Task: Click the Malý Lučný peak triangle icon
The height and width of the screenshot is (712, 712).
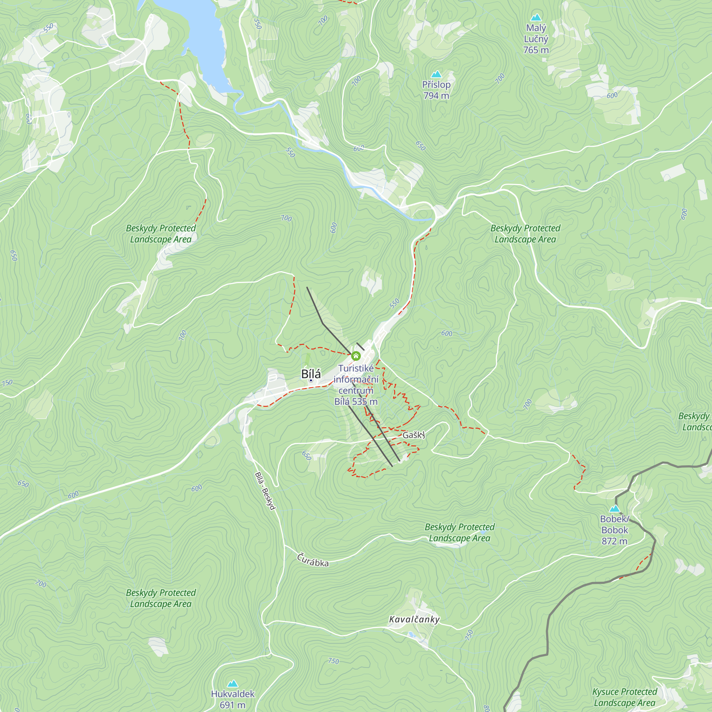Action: tap(536, 17)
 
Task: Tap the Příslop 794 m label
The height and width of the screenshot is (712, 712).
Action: tap(436, 90)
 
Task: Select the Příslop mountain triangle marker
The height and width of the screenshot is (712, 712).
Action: tap(436, 74)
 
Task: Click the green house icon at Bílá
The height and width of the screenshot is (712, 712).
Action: tap(356, 356)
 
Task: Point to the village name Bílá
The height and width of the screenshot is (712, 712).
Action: tap(311, 374)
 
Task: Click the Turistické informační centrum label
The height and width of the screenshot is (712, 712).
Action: tap(356, 385)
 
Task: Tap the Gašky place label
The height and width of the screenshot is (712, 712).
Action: tap(413, 435)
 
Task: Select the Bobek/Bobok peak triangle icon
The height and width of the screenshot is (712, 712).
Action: tap(614, 509)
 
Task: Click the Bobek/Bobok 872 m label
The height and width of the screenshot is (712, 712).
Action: tap(614, 530)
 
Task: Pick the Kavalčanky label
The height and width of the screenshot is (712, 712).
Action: tap(414, 619)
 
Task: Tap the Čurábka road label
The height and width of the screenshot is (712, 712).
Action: tap(313, 560)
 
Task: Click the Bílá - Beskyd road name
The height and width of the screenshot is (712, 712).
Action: tap(265, 491)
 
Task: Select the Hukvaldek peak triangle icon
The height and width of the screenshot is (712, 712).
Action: tap(232, 684)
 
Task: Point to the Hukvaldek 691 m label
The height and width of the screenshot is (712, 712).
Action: tap(232, 699)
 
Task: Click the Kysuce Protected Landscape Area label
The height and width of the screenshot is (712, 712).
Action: tap(625, 697)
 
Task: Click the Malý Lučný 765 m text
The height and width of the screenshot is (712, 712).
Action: tap(536, 39)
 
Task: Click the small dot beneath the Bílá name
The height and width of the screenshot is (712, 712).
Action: tap(311, 381)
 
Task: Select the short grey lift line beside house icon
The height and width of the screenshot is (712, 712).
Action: tap(360, 346)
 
